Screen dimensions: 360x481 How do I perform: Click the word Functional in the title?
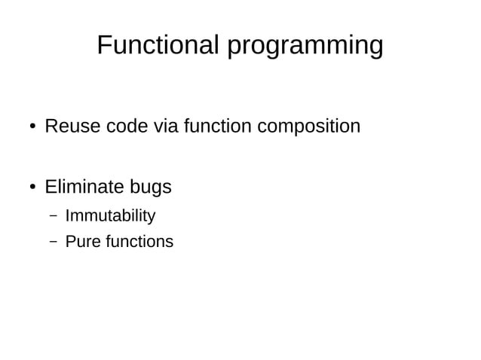tap(158, 45)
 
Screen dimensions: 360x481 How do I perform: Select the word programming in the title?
tap(305, 47)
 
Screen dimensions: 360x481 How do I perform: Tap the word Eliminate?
tap(86, 186)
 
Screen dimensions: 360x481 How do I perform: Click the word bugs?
tap(152, 188)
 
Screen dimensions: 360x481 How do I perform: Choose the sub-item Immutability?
tap(110, 216)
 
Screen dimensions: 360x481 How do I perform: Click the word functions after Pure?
tap(137, 242)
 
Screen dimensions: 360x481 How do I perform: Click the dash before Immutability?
tap(54, 216)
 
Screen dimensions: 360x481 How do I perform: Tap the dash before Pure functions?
tap(54, 242)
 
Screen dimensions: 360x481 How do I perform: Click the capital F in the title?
tap(104, 45)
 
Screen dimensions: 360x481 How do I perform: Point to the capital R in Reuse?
tap(51, 126)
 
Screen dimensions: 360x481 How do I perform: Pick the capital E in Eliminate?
tap(51, 186)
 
